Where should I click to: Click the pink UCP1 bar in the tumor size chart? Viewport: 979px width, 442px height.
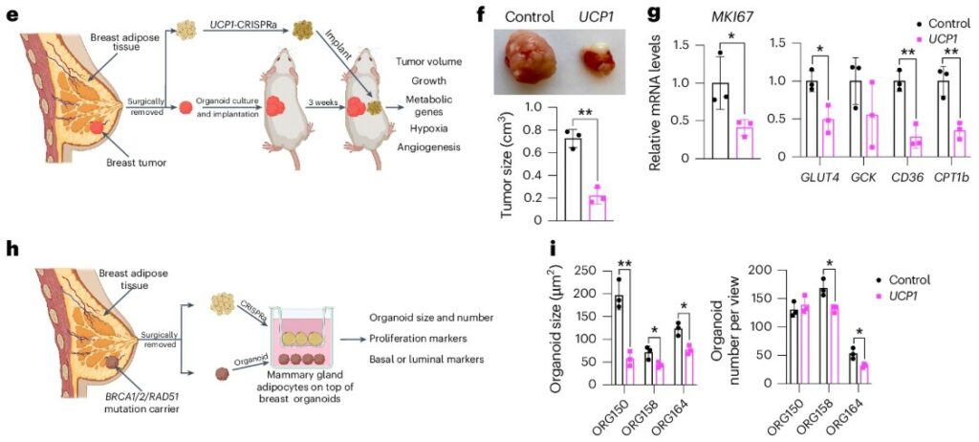point(598,207)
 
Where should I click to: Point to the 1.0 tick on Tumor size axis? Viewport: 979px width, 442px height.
point(550,107)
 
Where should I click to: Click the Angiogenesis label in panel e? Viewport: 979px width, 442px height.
point(422,147)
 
